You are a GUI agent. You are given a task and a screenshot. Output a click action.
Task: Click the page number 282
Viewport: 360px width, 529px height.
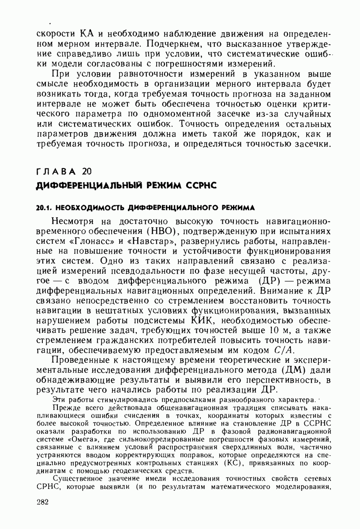pyautogui.click(x=42, y=503)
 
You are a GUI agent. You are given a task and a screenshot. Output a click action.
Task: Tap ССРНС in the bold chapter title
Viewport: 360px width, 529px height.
pyautogui.click(x=198, y=185)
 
